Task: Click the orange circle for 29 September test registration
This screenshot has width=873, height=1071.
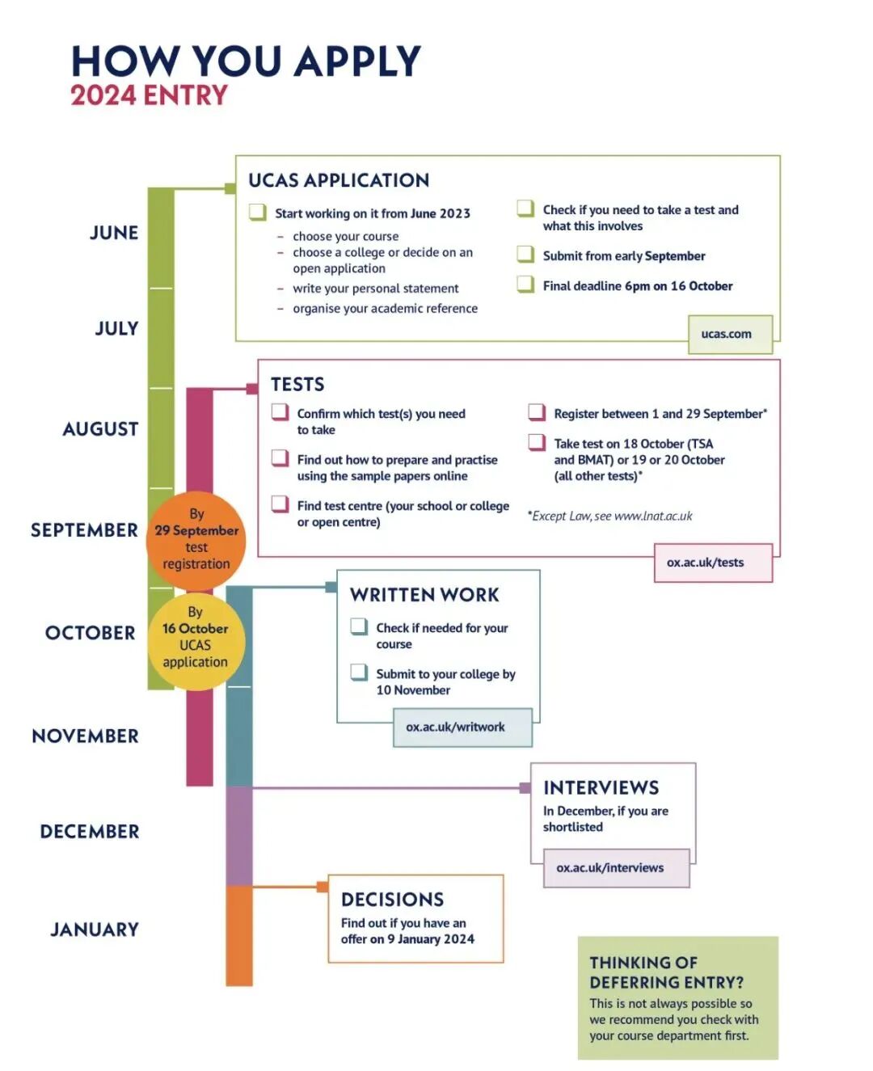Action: pyautogui.click(x=196, y=539)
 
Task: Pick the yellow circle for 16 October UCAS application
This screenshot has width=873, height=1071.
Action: pyautogui.click(x=196, y=642)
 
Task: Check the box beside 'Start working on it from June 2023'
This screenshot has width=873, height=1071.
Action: pyautogui.click(x=258, y=213)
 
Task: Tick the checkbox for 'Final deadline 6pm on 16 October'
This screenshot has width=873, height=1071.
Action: pyautogui.click(x=526, y=285)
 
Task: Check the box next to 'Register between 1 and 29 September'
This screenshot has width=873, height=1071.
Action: pyautogui.click(x=537, y=413)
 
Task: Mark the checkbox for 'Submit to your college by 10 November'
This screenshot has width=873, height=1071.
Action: pyautogui.click(x=359, y=673)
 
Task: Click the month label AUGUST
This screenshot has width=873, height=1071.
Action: pyautogui.click(x=101, y=429)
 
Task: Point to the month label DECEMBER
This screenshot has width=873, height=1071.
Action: pyautogui.click(x=90, y=832)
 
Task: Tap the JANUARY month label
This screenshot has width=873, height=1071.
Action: pyautogui.click(x=95, y=930)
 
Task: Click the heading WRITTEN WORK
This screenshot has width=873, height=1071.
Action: pyautogui.click(x=424, y=595)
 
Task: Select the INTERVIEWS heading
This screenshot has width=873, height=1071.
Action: pyautogui.click(x=601, y=788)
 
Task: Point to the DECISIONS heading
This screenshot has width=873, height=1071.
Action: pyautogui.click(x=392, y=900)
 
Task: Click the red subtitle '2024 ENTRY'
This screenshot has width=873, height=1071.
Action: pyautogui.click(x=150, y=95)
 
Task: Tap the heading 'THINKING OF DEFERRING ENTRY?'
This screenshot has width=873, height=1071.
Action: pyautogui.click(x=666, y=972)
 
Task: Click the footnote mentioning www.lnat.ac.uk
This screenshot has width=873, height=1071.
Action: pyautogui.click(x=610, y=516)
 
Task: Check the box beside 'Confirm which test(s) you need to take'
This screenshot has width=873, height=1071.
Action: pyautogui.click(x=280, y=413)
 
